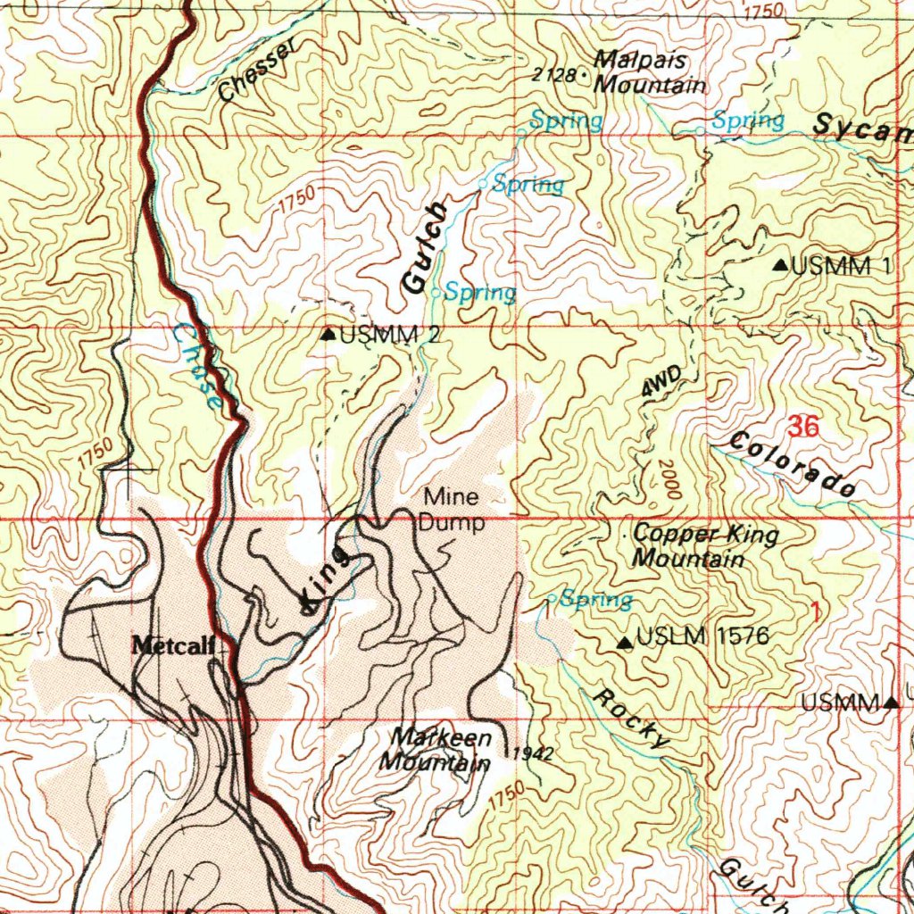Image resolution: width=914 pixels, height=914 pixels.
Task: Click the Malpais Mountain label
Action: [x=649, y=73]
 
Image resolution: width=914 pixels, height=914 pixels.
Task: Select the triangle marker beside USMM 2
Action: [x=328, y=335]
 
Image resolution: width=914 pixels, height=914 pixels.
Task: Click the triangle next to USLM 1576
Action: [x=626, y=641]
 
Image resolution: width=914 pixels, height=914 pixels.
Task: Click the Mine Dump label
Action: [x=452, y=510]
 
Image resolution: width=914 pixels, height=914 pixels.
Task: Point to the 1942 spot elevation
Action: [x=534, y=754]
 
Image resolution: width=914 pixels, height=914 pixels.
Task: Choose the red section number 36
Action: [x=803, y=427]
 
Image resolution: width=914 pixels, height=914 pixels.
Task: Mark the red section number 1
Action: [x=814, y=611]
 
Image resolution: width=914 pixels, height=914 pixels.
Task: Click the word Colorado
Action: [x=793, y=464]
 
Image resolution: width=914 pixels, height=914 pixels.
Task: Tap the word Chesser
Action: [x=256, y=71]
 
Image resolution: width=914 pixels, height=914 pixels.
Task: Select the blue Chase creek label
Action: [x=198, y=365]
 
